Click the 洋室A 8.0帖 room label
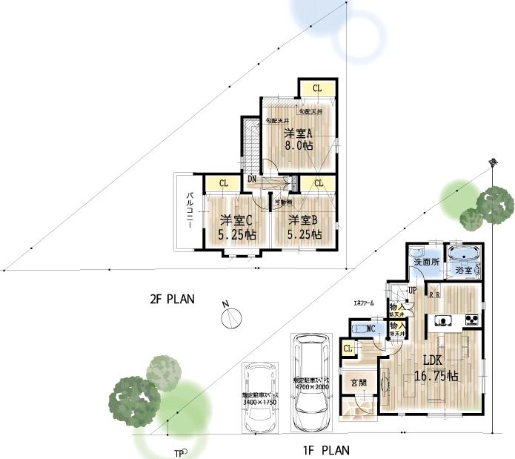[299, 139]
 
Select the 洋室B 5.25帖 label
[305, 227]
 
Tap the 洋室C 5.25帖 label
[237, 227]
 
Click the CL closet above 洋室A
[317, 88]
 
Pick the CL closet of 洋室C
[223, 183]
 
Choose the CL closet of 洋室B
[319, 182]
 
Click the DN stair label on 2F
[252, 179]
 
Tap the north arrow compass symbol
[231, 317]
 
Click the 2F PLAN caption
[172, 300]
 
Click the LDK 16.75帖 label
[439, 369]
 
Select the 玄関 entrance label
[359, 383]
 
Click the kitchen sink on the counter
[441, 320]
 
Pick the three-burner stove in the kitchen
[471, 320]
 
